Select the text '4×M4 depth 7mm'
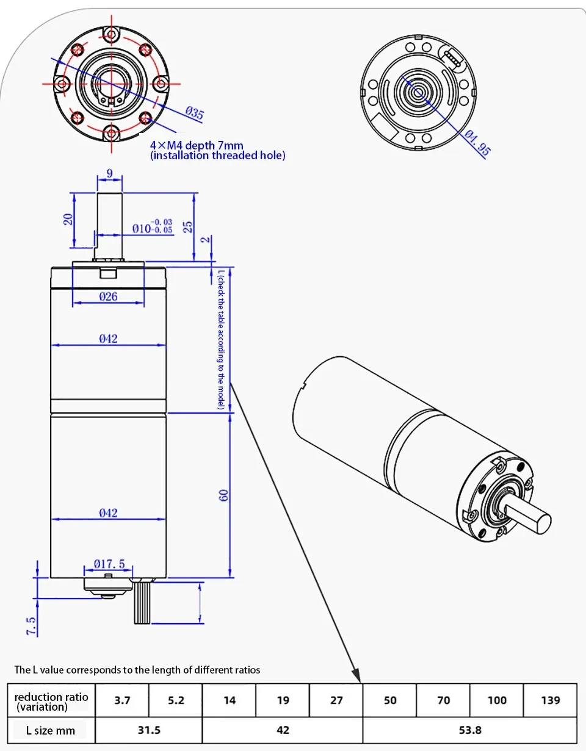pos(197,145)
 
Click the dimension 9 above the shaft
pos(109,174)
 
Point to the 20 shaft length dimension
pos(68,218)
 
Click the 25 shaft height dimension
pos(188,226)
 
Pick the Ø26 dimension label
pos(108,297)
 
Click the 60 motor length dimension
pos(224,495)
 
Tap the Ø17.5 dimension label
pos(109,564)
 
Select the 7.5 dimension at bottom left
pos(31,625)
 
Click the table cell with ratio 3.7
pos(122,700)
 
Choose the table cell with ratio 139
pos(550,700)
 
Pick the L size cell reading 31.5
pos(149,730)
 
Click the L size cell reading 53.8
pos(469,730)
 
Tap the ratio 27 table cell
pos(336,700)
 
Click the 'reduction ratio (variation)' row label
pos(51,701)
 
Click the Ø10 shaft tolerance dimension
pos(152,228)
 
